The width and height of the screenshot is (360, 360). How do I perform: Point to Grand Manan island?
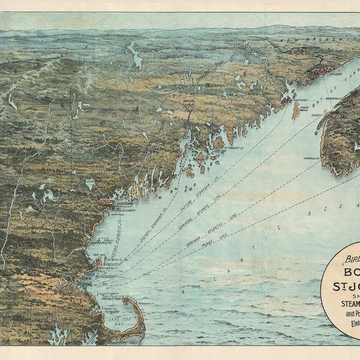(295, 110)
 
